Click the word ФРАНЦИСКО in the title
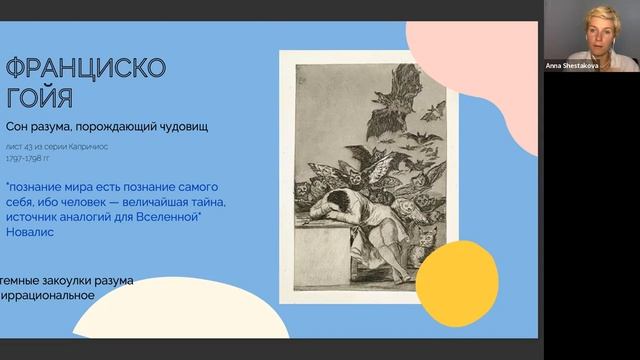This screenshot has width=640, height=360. click(86, 69)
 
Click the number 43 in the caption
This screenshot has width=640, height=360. click(55, 145)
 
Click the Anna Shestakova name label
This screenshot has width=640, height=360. click(572, 65)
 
